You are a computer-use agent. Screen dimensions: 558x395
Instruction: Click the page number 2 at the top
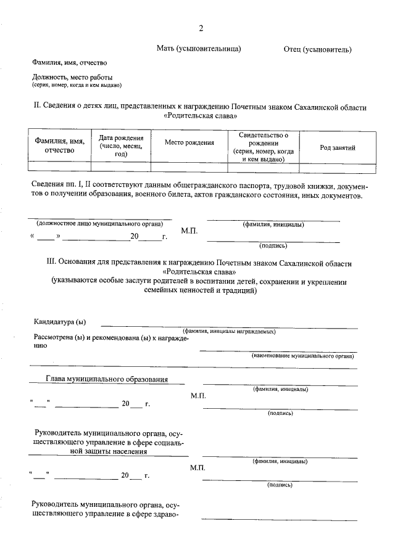[x=201, y=28]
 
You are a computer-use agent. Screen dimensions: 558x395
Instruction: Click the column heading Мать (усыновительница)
[x=198, y=48]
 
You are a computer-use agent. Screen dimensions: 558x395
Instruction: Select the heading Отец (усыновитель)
[x=317, y=49]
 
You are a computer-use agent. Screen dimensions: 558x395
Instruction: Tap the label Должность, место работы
[x=72, y=77]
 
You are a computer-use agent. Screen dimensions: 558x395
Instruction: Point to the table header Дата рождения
[x=121, y=146]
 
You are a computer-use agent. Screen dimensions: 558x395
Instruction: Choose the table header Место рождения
[x=189, y=142]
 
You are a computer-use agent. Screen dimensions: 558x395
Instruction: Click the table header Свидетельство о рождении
[x=263, y=147]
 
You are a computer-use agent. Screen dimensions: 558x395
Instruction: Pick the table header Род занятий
[x=337, y=147]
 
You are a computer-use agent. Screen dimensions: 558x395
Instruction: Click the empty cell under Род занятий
[x=337, y=167]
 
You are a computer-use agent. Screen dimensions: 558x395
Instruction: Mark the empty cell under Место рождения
[x=189, y=167]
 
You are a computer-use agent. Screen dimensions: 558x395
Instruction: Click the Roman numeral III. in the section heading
[x=52, y=262]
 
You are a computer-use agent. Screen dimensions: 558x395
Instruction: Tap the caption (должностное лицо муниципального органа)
[x=99, y=224]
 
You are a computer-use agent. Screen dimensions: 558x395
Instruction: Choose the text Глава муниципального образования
[x=107, y=379]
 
